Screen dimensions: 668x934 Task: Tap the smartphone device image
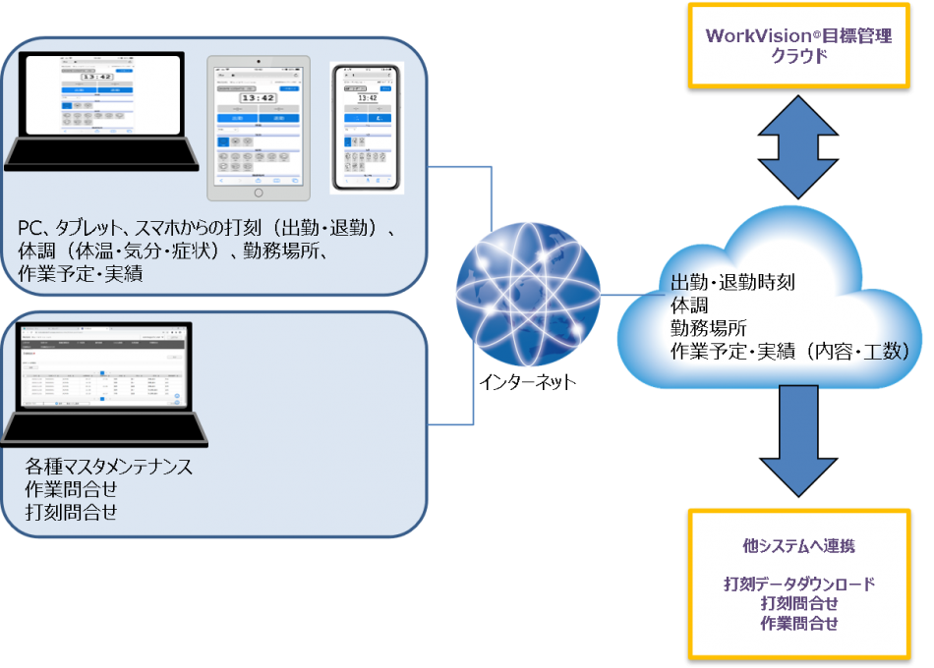367,127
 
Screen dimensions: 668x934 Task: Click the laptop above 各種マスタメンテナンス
104,383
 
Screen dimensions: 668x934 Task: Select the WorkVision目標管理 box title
798,36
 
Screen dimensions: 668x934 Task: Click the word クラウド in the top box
798,56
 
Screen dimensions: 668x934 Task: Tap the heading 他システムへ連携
798,544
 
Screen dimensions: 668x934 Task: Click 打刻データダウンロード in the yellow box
798,584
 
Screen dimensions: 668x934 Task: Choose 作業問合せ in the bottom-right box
798,623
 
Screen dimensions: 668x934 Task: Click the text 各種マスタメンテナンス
108,467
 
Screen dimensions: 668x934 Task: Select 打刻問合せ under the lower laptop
71,511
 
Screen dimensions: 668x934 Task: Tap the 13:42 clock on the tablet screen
258,97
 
